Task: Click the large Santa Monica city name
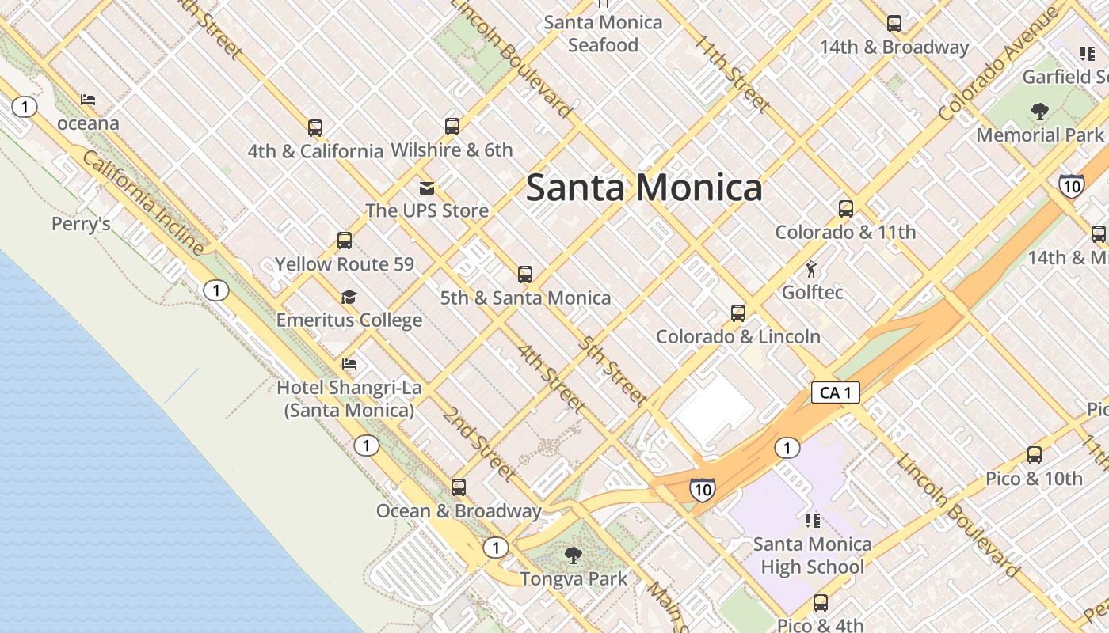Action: pyautogui.click(x=644, y=188)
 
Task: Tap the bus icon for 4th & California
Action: pyautogui.click(x=315, y=128)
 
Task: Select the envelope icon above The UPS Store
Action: pyautogui.click(x=427, y=188)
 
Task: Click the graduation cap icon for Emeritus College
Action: pyautogui.click(x=349, y=298)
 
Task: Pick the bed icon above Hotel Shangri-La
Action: pyautogui.click(x=349, y=364)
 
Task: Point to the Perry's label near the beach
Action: pyautogui.click(x=81, y=224)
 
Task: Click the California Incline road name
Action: pyautogui.click(x=143, y=203)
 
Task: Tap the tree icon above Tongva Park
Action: pyautogui.click(x=574, y=555)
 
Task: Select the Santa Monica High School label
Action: pyautogui.click(x=812, y=555)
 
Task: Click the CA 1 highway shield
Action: pyautogui.click(x=835, y=392)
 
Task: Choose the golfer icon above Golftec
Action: pyautogui.click(x=811, y=270)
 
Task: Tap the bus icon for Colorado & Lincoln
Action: pyautogui.click(x=738, y=313)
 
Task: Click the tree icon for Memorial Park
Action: pyautogui.click(x=1040, y=112)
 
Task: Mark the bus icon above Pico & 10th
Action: pyautogui.click(x=1035, y=455)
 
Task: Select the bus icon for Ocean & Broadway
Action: pyautogui.click(x=459, y=487)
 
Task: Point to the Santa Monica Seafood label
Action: pyautogui.click(x=603, y=33)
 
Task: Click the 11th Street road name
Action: pyautogui.click(x=733, y=73)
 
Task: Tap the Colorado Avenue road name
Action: pyautogui.click(x=997, y=65)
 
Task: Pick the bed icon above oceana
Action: pyautogui.click(x=88, y=100)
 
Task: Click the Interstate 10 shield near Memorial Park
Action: pyautogui.click(x=1071, y=187)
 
